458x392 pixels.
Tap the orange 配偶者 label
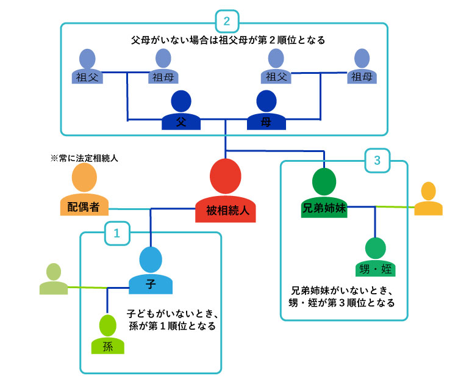[x=84, y=207]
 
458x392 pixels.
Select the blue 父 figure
[x=181, y=113]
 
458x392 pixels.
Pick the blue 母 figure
[x=267, y=113]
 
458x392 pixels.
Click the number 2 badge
[x=227, y=22]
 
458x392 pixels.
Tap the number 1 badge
[x=116, y=233]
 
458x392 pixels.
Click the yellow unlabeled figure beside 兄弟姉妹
[x=428, y=200]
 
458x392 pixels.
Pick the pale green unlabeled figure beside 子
[x=54, y=280]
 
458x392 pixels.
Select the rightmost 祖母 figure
[x=362, y=68]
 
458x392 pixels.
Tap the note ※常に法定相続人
[x=84, y=158]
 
